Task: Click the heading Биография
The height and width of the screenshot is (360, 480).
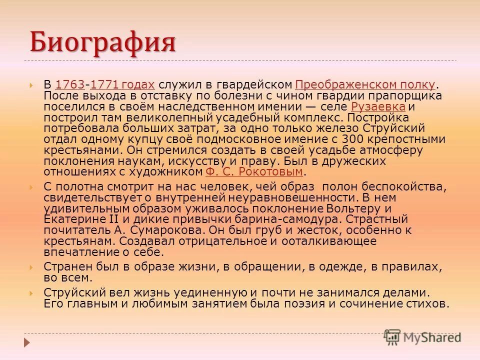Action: (102, 42)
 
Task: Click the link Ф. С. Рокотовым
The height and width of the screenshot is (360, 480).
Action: (254, 172)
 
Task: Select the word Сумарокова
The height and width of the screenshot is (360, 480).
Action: (159, 230)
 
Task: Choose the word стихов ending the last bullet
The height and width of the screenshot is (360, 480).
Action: (427, 303)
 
